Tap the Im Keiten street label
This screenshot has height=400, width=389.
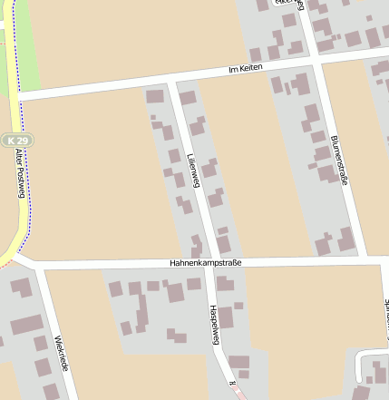245,69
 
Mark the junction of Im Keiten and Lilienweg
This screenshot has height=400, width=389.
171,83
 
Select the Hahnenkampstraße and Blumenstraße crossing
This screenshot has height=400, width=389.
365,260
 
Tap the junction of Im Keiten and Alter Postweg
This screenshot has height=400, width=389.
18,94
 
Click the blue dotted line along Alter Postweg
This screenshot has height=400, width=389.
25,209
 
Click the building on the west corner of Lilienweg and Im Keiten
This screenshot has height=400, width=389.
155,95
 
